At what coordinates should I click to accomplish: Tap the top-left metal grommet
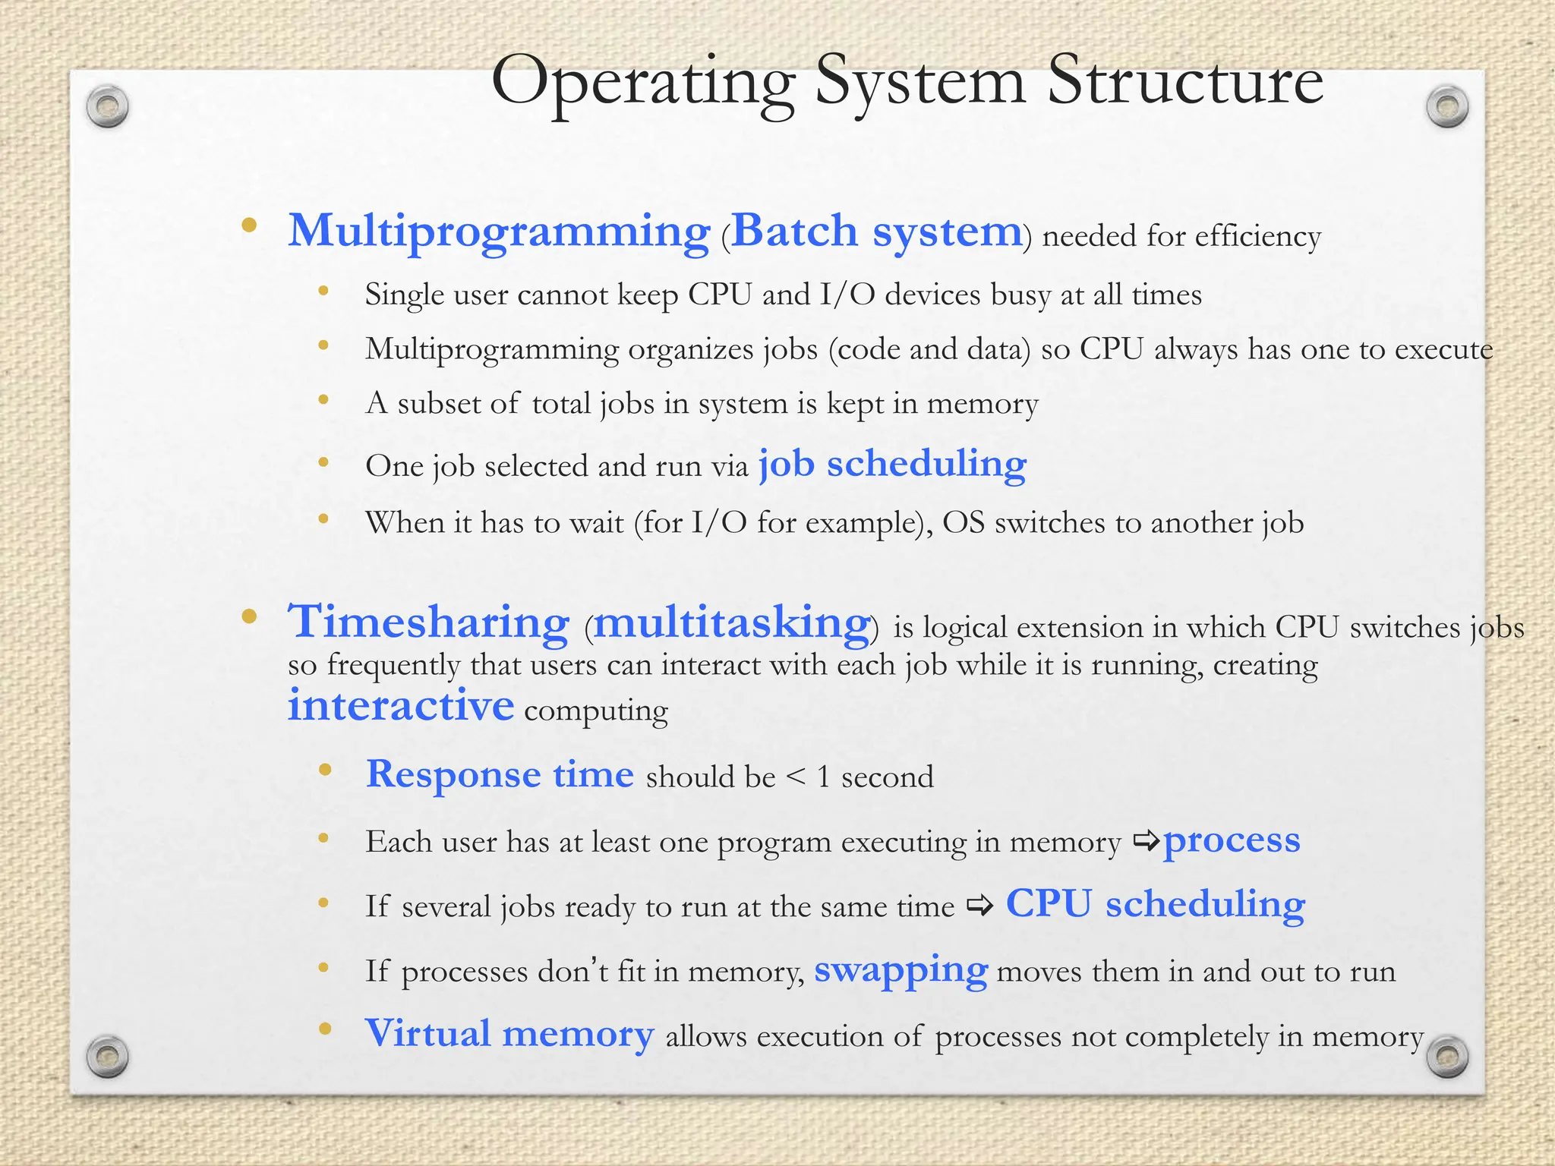[107, 107]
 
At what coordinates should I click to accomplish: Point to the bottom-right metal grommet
[1447, 1056]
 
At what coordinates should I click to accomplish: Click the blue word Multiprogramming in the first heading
[499, 232]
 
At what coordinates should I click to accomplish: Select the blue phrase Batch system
[876, 232]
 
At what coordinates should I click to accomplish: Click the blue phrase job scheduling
[892, 464]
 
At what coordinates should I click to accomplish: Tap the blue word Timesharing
[428, 622]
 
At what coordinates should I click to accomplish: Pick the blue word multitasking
[731, 623]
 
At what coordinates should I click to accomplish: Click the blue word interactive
[401, 705]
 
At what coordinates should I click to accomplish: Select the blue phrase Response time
[500, 774]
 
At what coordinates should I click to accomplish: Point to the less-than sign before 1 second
[795, 777]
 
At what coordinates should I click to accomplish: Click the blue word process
[1232, 840]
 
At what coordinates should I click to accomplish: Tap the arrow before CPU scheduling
[979, 906]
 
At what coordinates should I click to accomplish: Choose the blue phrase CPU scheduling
[1155, 905]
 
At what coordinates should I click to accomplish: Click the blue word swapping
[901, 970]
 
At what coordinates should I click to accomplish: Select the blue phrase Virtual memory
[509, 1034]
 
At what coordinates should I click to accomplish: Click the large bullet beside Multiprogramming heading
[248, 225]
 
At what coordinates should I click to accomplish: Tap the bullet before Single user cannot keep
[323, 291]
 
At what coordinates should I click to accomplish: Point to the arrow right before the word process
[1146, 840]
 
